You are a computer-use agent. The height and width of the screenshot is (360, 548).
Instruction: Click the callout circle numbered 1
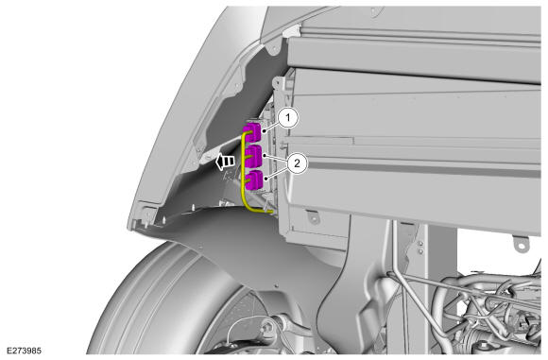point(288,118)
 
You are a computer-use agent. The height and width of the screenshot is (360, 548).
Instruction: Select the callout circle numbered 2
point(297,163)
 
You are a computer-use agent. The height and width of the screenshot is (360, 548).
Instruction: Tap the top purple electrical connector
point(253,132)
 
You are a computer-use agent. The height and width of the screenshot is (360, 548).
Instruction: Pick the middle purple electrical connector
point(254,156)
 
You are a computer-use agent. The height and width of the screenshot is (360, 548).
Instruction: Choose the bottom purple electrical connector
point(254,180)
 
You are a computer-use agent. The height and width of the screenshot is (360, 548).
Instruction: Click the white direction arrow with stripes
point(225,162)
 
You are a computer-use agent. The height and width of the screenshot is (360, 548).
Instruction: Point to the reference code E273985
point(25,351)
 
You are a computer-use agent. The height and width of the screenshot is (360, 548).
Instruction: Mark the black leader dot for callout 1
point(265,131)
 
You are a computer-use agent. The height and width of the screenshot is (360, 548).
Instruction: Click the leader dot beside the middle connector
point(265,155)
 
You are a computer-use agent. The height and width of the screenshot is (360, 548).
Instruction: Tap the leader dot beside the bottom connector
point(266,179)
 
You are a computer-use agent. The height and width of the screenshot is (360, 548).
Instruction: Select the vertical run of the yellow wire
point(243,168)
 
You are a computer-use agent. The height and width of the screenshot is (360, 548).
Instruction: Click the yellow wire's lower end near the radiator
point(271,212)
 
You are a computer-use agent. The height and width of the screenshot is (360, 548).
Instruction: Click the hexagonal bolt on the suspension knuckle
point(267,328)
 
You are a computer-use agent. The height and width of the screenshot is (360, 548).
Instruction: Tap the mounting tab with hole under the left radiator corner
point(314,217)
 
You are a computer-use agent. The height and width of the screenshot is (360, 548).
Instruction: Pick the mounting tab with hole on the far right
point(521,243)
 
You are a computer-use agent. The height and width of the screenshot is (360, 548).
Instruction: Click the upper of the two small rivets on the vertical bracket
point(420,244)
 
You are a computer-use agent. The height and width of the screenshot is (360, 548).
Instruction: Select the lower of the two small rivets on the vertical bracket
point(420,251)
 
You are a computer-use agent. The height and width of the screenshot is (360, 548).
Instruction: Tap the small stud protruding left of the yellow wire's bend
point(221,201)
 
